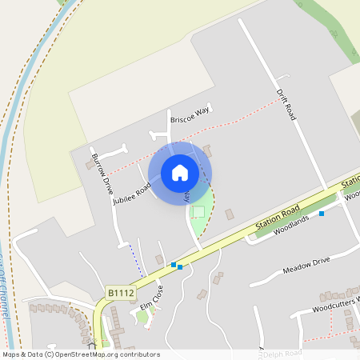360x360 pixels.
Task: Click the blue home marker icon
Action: pos(180,172)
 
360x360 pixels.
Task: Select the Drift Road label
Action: pos(286,105)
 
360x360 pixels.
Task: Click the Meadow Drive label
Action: pos(306,266)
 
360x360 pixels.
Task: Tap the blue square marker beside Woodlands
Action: pos(322,214)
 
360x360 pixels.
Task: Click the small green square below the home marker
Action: pos(198,211)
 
